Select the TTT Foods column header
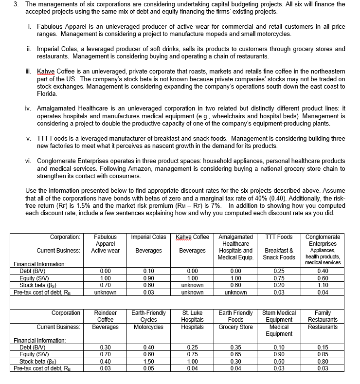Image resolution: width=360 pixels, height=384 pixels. (279, 237)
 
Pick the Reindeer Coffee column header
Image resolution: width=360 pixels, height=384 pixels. (105, 316)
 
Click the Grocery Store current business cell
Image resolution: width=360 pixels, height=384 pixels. (235, 327)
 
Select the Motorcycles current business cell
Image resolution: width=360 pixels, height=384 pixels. (148, 327)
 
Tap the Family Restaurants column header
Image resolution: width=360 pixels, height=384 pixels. (323, 316)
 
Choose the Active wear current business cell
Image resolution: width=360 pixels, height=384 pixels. (105, 250)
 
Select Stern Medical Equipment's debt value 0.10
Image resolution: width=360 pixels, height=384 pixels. (279, 347)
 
